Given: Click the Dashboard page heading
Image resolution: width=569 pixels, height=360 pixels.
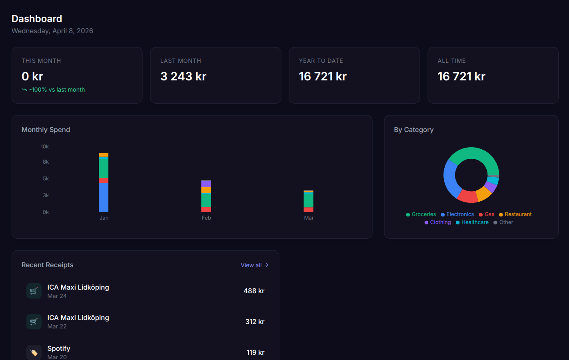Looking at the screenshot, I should coord(37,19).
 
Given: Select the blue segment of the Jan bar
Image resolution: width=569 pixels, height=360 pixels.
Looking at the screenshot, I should coord(104,197).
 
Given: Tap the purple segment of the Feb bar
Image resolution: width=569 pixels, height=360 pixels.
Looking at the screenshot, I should coord(206,184).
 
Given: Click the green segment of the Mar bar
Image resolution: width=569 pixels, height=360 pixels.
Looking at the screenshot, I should coord(308,200).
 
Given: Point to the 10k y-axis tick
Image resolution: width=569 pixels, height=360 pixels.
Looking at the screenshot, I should coord(44,147).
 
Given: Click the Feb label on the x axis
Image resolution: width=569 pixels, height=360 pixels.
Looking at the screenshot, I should coord(206,218).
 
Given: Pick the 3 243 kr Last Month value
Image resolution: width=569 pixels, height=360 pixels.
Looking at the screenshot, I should coord(183,76).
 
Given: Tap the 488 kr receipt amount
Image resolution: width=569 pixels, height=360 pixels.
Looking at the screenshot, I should coord(254,291).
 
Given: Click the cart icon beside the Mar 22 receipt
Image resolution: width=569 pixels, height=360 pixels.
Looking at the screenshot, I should coord(34,322).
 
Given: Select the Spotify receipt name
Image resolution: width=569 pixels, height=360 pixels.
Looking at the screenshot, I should coord(59,348).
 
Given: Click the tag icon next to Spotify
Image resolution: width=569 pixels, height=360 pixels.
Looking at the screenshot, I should coord(34,352).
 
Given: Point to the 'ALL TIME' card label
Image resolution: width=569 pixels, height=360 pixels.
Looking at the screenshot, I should coord(451,61).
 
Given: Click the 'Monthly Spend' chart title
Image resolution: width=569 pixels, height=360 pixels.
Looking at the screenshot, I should coord(46,130).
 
